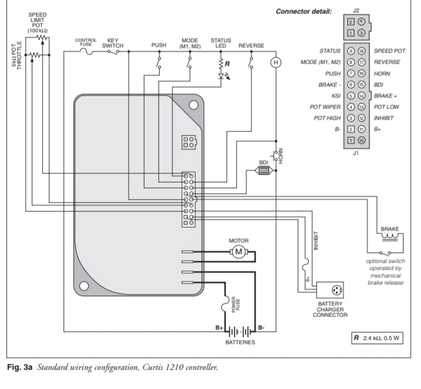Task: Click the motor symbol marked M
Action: click(x=239, y=252)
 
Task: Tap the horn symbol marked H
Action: click(x=276, y=62)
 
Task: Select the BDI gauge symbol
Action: click(x=263, y=171)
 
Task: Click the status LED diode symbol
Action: click(x=221, y=76)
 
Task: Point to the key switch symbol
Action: click(x=113, y=52)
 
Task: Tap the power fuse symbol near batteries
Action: click(x=225, y=303)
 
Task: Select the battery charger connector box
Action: click(x=330, y=290)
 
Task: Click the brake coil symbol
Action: click(x=390, y=237)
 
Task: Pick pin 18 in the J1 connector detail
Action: click(x=361, y=51)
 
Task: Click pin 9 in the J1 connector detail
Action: click(x=351, y=51)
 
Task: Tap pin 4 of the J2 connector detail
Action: click(x=361, y=22)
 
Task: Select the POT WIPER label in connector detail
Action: click(x=325, y=107)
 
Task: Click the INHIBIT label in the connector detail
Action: click(x=384, y=118)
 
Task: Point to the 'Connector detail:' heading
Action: click(x=303, y=12)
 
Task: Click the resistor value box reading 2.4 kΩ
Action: click(x=377, y=338)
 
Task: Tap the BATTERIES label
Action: click(x=240, y=342)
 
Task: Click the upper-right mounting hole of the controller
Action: click(x=194, y=105)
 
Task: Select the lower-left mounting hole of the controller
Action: click(x=84, y=286)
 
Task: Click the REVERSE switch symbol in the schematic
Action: click(x=251, y=62)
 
